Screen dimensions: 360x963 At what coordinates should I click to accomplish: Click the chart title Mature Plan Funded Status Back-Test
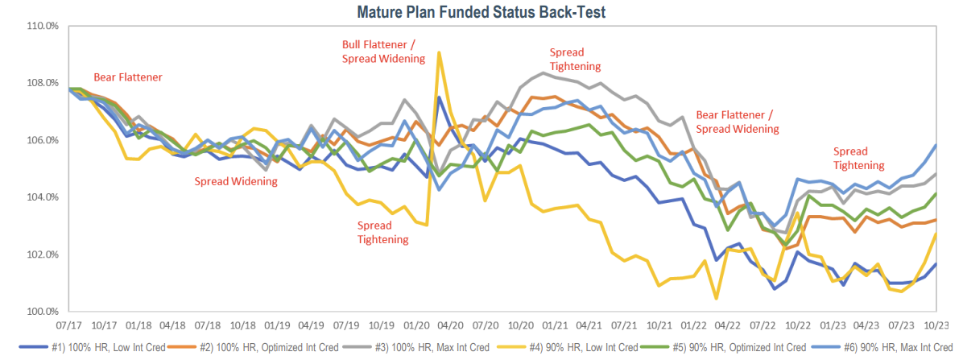point(481,11)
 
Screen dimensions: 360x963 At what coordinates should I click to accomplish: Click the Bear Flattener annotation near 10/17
point(128,77)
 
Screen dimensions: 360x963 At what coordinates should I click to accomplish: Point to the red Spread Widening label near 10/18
point(236,181)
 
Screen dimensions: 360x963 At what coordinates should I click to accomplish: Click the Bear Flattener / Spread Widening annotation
point(737,121)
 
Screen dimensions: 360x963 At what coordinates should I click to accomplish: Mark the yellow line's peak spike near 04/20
point(439,53)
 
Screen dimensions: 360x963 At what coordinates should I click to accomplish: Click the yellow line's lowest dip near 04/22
point(715,299)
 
